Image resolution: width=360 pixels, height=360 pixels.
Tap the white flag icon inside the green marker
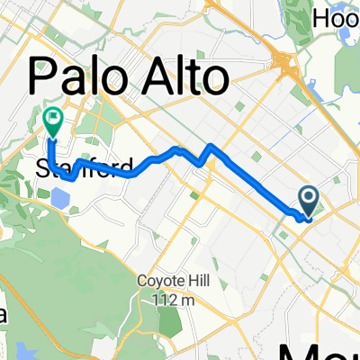pyautogui.click(x=52, y=116)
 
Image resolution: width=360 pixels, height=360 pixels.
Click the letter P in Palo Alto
pyautogui.click(x=49, y=78)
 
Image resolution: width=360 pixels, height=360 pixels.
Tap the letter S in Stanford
pyautogui.click(x=44, y=167)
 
